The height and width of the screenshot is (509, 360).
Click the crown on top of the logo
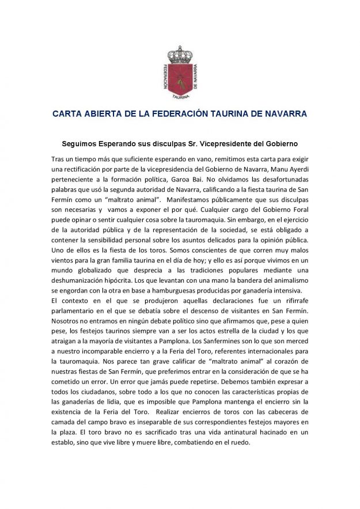[179, 54]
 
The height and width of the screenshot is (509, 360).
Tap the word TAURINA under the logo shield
[179, 97]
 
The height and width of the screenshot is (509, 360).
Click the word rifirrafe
[288, 301]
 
